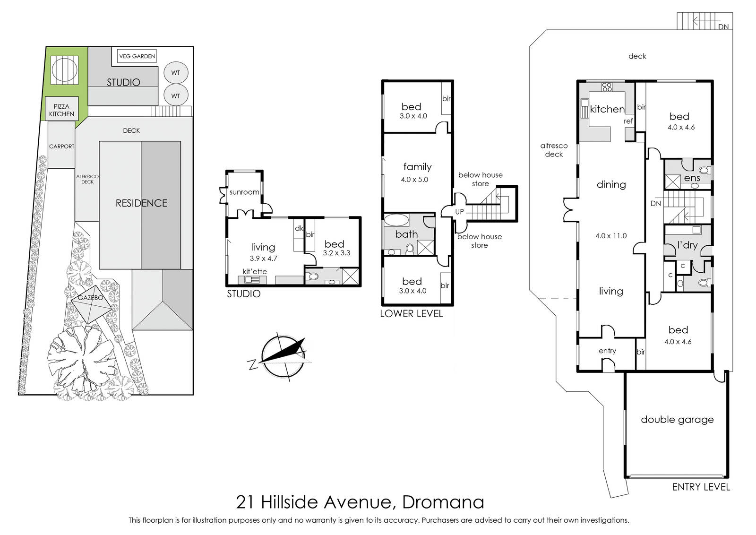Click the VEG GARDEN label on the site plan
(x=137, y=56)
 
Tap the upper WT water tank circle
(x=176, y=73)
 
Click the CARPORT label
(x=61, y=147)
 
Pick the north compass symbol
(x=283, y=356)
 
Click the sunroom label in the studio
(x=244, y=192)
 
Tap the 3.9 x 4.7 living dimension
(x=263, y=259)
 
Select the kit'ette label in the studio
(x=255, y=271)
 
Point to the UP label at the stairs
(x=460, y=212)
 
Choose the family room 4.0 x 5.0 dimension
(x=414, y=180)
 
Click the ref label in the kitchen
(x=628, y=121)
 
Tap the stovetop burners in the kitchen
(x=607, y=87)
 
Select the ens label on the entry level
(x=692, y=178)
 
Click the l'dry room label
(x=687, y=245)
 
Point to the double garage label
(x=677, y=420)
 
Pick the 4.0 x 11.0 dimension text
(x=611, y=236)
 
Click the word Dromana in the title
(x=443, y=502)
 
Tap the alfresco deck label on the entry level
(x=554, y=150)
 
